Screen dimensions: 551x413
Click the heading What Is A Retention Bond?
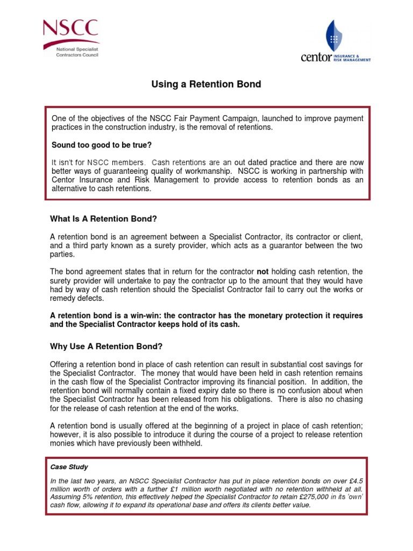pyautogui.click(x=103, y=218)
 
